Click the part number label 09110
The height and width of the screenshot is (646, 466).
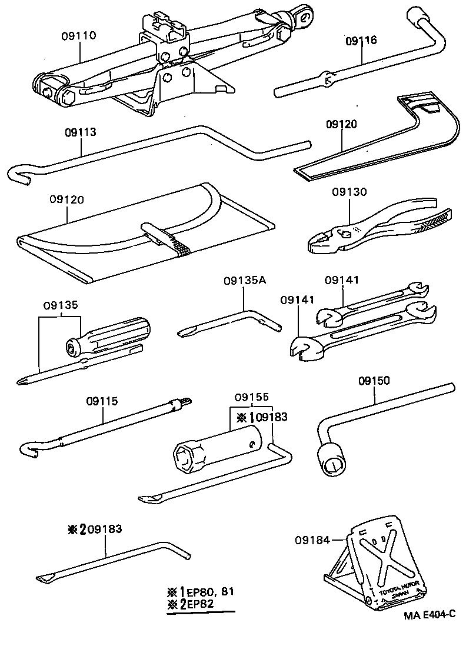[x=79, y=35]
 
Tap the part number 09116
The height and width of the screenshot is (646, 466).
[x=361, y=41]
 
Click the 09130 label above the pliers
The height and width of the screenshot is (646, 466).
[x=348, y=192]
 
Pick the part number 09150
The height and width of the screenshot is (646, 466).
[x=374, y=381]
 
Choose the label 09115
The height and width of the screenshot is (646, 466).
[x=102, y=401]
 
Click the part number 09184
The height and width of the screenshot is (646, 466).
[x=309, y=539]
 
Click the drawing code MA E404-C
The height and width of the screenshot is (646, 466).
[x=430, y=615]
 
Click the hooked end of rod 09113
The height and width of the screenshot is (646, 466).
[x=20, y=174]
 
